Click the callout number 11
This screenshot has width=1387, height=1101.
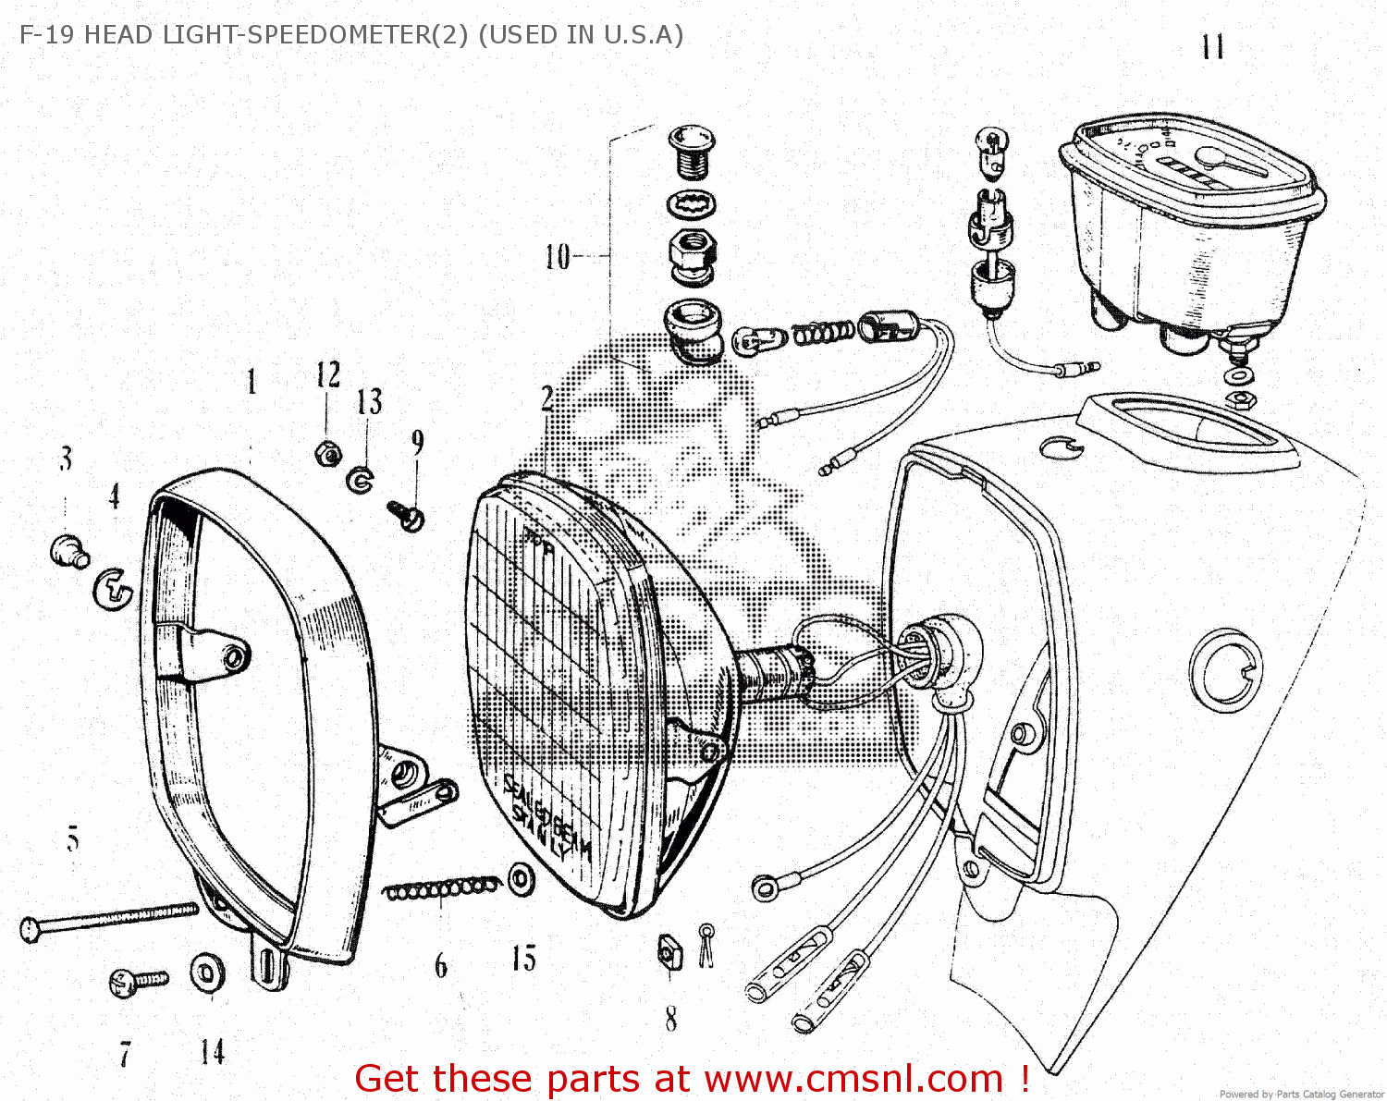point(1213,47)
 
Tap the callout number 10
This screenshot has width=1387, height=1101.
point(558,256)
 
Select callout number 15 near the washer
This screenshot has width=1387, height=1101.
point(524,959)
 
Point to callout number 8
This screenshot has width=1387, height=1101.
point(670,1019)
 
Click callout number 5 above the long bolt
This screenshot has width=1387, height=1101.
point(73,839)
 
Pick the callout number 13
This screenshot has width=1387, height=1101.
point(369,401)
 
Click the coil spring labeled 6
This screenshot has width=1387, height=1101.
point(440,889)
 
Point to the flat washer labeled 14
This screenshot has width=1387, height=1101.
point(207,973)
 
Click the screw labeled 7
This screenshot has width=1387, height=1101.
point(137,981)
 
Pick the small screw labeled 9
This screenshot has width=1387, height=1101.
point(406,514)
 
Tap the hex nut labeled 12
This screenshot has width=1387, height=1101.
point(327,453)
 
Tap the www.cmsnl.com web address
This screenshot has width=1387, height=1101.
point(853,1079)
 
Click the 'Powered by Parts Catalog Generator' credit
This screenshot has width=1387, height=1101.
point(1301,1094)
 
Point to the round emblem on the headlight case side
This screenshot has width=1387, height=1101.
point(1226,670)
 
